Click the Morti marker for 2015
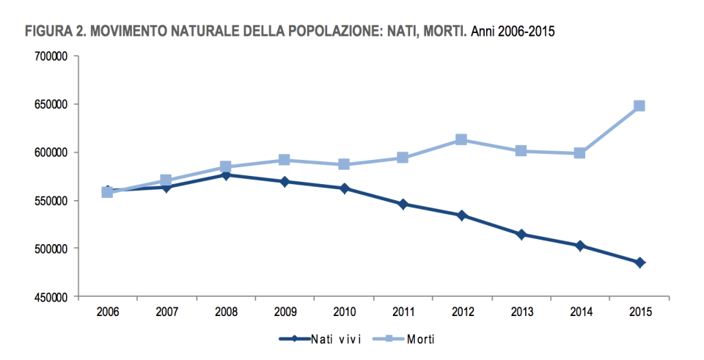click(x=639, y=106)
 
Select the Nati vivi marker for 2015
click(x=639, y=262)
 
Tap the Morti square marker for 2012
click(x=461, y=139)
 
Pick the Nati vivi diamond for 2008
click(x=226, y=175)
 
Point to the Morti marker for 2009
click(x=285, y=160)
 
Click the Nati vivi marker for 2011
click(x=403, y=204)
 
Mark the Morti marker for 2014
click(x=579, y=153)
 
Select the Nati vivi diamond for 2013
click(x=521, y=235)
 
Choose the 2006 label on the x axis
click(x=107, y=312)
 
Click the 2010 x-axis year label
click(x=343, y=312)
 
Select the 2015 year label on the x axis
click(x=639, y=312)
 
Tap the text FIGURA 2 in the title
click(x=51, y=32)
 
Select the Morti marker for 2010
click(x=343, y=164)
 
